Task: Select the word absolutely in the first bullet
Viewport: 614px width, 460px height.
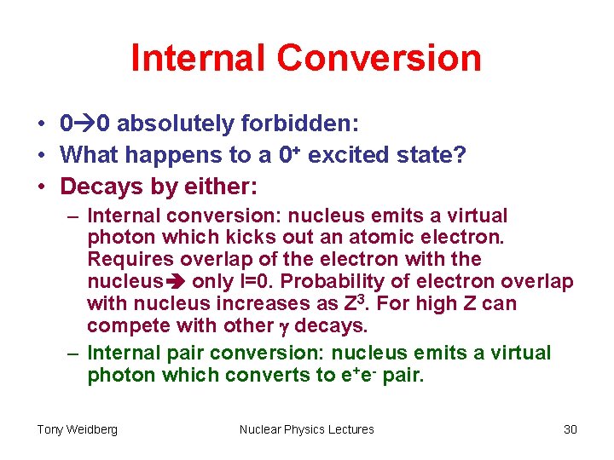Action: pyautogui.click(x=176, y=124)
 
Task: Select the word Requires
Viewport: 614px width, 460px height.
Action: pyautogui.click(x=126, y=260)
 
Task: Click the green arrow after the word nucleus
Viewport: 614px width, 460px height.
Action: pyautogui.click(x=177, y=282)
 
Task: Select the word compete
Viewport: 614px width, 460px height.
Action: pyautogui.click(x=125, y=325)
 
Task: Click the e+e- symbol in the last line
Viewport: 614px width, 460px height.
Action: pyautogui.click(x=350, y=375)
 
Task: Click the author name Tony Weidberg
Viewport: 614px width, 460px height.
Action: pyautogui.click(x=77, y=429)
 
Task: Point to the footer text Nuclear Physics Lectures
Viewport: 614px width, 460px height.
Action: pyautogui.click(x=307, y=429)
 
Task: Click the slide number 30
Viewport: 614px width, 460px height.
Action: pyautogui.click(x=570, y=429)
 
